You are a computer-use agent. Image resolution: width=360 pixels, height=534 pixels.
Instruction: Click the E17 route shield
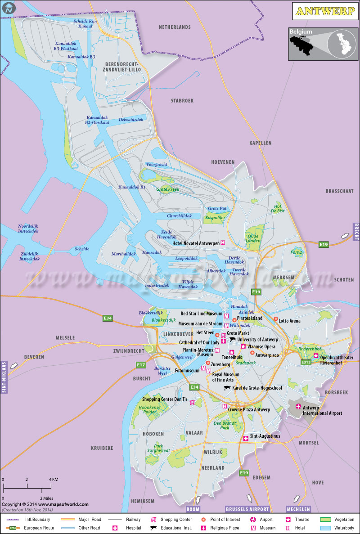(141, 365)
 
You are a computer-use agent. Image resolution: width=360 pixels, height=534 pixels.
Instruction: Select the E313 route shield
(306, 362)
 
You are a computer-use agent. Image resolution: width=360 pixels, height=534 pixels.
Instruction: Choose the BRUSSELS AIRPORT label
(247, 509)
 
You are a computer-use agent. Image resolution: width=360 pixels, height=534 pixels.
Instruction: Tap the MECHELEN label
(298, 509)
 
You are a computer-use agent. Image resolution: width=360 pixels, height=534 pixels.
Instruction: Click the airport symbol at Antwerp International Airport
(298, 407)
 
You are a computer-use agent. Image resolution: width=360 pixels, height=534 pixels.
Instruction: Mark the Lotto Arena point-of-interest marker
(276, 319)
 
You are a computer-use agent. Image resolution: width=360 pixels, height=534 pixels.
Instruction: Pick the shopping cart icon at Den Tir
(192, 402)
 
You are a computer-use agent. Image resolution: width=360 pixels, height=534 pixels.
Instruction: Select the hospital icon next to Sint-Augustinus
(246, 438)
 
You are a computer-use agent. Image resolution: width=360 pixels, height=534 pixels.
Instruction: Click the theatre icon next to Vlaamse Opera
(243, 346)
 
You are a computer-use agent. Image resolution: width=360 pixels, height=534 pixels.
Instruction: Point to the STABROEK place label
(182, 101)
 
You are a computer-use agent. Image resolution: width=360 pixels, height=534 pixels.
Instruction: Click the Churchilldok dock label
(180, 216)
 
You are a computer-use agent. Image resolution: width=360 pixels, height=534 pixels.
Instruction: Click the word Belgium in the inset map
(301, 32)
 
